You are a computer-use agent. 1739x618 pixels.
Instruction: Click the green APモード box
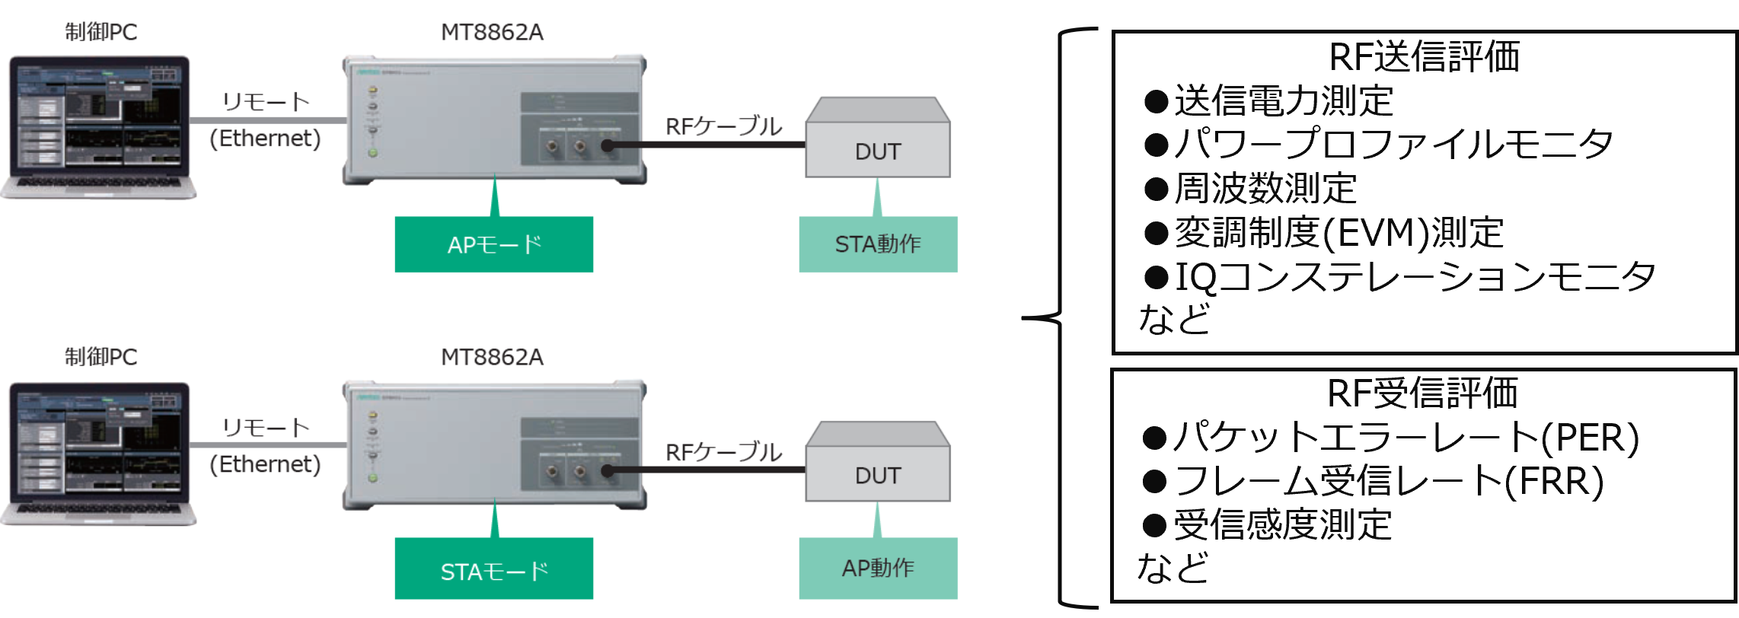[493, 244]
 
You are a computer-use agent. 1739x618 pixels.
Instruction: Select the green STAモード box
[493, 569]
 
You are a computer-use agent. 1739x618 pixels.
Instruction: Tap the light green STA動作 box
[878, 244]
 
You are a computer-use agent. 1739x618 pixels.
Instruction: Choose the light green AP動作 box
[878, 568]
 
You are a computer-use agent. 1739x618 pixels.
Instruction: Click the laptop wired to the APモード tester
[98, 126]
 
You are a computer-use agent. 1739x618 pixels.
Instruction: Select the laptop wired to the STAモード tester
[98, 452]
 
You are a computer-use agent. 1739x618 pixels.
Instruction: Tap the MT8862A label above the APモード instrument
[492, 32]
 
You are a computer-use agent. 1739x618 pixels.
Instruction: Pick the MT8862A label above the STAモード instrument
[492, 357]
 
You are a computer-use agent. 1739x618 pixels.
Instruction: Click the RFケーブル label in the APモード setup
[723, 126]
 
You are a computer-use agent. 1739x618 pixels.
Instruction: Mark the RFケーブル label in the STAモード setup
[723, 452]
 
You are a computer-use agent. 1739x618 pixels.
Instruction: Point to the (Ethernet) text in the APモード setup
[265, 139]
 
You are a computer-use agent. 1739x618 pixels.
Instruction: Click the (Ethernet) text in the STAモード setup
[265, 464]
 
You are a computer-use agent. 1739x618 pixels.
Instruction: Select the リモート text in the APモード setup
[266, 101]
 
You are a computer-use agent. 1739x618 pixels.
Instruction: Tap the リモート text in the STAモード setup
[266, 428]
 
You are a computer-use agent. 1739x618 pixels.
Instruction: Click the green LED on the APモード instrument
[373, 153]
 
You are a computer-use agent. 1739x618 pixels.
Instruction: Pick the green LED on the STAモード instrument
[373, 478]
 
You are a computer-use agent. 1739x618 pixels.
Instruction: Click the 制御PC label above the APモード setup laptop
[101, 32]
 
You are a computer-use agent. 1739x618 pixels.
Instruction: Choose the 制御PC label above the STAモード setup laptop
[101, 357]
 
